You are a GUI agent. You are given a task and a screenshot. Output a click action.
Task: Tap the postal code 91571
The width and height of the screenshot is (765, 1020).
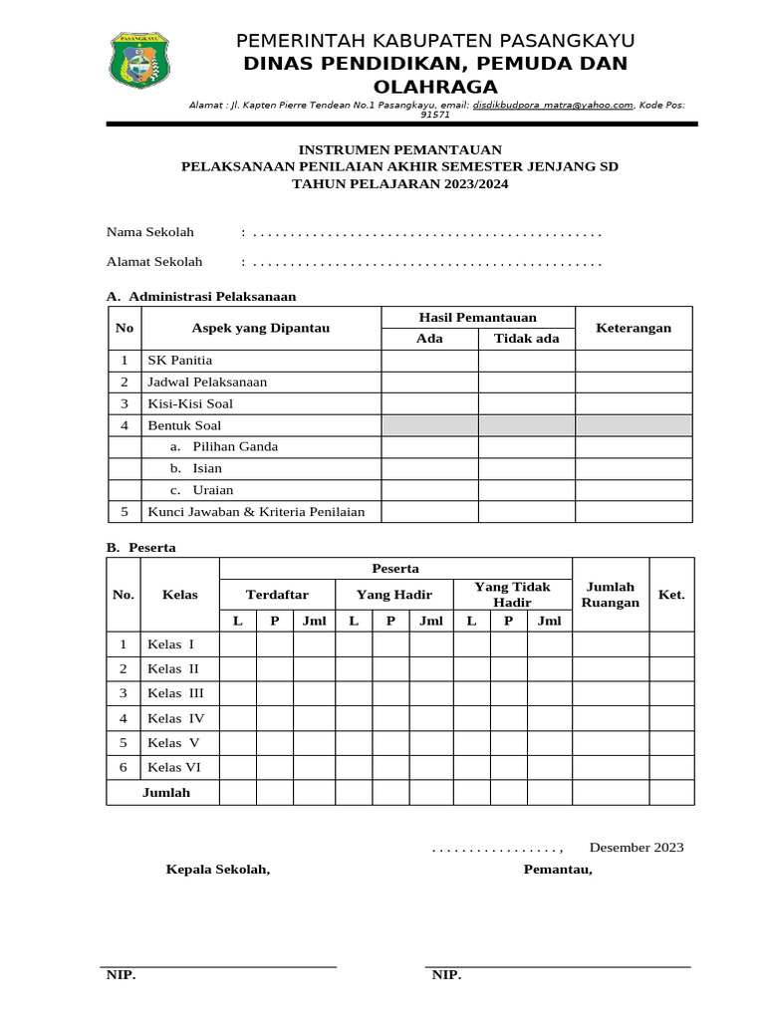(435, 115)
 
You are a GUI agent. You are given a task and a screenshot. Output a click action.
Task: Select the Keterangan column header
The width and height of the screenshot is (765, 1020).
(634, 328)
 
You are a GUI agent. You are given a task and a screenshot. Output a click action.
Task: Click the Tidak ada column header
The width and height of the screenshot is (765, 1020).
(526, 339)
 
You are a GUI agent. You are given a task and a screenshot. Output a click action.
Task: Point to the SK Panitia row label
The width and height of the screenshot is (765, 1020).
(180, 361)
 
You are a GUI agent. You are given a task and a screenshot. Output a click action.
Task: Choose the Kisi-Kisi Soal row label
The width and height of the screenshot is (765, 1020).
(190, 403)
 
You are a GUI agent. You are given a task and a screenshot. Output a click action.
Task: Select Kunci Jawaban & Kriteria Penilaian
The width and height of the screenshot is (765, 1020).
(256, 511)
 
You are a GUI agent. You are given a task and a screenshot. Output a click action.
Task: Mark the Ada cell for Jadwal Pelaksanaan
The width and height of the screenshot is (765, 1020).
(429, 382)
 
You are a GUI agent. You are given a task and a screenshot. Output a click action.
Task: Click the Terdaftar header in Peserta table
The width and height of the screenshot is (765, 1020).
(277, 595)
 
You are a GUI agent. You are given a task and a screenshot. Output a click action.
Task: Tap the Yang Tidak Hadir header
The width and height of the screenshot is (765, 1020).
(512, 595)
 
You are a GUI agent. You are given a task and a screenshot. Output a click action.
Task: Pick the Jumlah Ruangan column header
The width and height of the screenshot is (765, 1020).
(610, 595)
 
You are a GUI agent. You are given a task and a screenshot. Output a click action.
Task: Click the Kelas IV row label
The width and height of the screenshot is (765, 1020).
(176, 718)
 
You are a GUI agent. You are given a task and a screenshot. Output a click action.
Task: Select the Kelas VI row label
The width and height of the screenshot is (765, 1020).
(175, 767)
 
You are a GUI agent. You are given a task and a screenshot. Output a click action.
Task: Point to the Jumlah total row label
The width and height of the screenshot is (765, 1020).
(165, 793)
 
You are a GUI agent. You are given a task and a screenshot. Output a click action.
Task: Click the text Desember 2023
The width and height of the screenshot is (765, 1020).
(637, 848)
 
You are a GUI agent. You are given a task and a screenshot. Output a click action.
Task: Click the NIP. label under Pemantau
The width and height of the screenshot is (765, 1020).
(446, 975)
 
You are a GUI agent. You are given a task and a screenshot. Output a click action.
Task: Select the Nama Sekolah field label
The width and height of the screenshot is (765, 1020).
(150, 232)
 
